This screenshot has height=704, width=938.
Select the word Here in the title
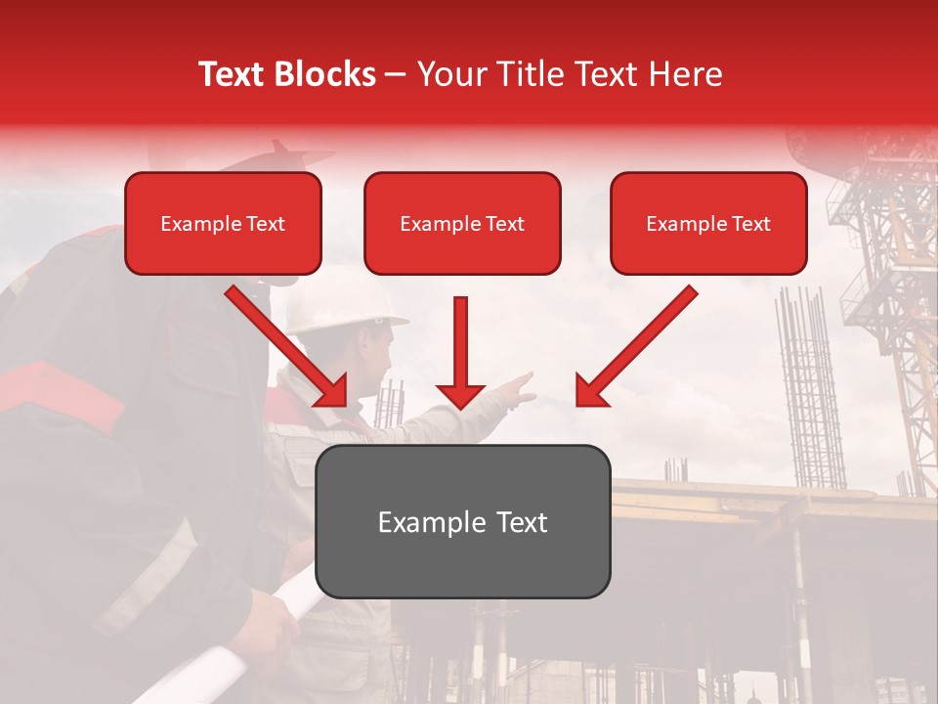[684, 74]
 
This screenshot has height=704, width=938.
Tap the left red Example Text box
[223, 223]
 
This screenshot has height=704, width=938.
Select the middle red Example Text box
[462, 223]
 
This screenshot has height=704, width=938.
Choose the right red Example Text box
[708, 223]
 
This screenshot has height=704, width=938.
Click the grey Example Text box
[463, 521]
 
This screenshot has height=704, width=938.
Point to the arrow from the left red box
[288, 347]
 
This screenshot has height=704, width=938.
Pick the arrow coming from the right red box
[635, 347]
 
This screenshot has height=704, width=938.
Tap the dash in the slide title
[396, 74]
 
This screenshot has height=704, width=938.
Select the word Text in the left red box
[265, 224]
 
